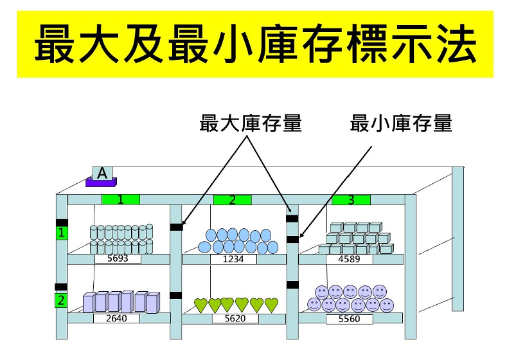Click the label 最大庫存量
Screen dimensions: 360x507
251,123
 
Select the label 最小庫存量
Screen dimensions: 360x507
401,123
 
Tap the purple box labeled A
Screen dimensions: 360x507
102,177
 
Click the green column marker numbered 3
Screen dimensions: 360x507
351,200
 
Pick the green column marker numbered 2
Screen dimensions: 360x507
233,200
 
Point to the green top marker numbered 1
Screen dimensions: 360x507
120,199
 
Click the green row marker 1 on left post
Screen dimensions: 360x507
62,233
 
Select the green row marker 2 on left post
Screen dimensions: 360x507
61,300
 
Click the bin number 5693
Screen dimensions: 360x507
118,259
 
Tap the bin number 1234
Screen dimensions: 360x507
233,259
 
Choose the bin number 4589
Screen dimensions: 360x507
349,259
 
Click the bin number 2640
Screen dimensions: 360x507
116,318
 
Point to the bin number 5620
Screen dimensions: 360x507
235,318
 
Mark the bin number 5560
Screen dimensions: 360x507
349,318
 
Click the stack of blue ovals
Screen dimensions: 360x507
235,241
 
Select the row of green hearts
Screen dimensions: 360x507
236,305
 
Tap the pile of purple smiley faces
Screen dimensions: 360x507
350,299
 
